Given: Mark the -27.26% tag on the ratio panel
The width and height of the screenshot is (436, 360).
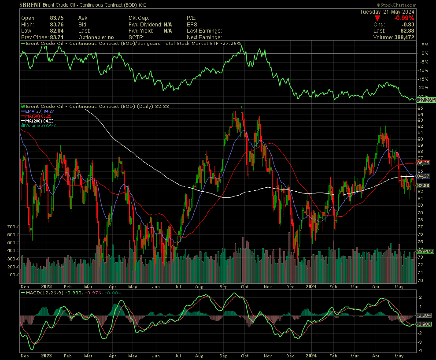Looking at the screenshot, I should (x=425, y=100).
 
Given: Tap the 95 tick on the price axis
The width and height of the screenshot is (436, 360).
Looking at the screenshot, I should (x=421, y=108).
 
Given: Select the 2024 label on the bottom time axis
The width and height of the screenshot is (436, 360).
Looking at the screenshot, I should (x=311, y=355).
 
